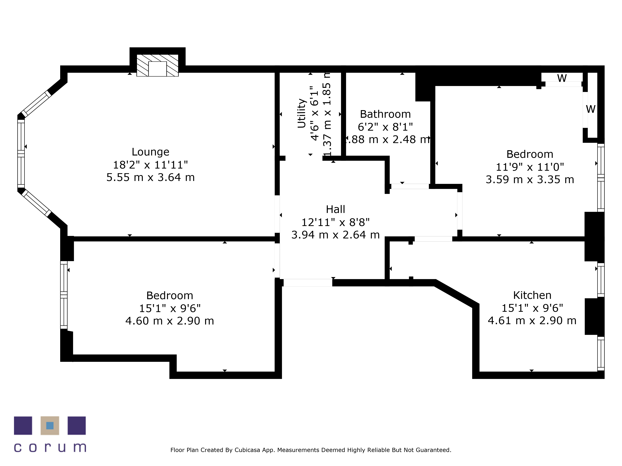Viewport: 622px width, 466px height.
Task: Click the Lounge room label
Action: click(150, 152)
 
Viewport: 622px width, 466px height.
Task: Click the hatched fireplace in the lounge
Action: click(158, 65)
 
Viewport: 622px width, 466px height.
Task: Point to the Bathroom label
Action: click(385, 114)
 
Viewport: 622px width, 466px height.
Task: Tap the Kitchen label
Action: click(532, 295)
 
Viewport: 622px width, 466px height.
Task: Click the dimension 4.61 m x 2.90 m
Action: click(532, 320)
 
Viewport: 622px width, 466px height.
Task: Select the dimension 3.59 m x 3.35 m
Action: click(530, 180)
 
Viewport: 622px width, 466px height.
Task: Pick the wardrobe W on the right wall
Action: click(590, 109)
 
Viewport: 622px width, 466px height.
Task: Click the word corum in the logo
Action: click(50, 448)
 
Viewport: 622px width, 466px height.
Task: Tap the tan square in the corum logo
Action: click(50, 426)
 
